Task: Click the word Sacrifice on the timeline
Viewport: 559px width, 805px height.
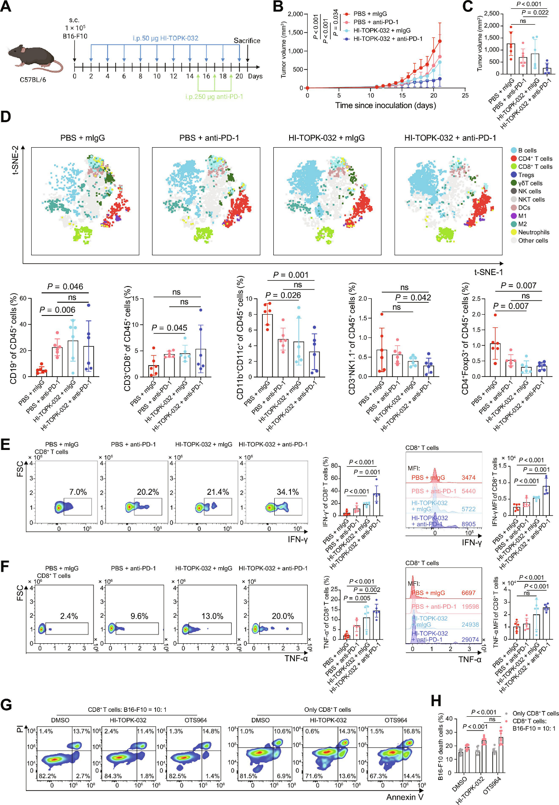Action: click(247, 41)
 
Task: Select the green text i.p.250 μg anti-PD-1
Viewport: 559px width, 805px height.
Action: click(214, 97)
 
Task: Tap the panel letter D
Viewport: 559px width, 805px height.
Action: click(6, 116)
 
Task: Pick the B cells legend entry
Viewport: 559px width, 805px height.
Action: click(527, 150)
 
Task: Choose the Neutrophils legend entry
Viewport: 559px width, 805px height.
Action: click(533, 232)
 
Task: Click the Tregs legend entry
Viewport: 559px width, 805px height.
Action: click(526, 175)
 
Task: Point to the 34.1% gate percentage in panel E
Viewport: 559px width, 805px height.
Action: click(287, 492)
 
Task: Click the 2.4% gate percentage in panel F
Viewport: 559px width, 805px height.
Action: click(69, 616)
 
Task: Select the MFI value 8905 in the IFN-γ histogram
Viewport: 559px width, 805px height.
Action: click(468, 524)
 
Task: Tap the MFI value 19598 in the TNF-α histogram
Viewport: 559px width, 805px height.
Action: click(470, 606)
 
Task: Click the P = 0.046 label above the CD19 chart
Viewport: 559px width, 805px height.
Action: click(65, 286)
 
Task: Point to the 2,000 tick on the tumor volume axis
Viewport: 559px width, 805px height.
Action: click(295, 14)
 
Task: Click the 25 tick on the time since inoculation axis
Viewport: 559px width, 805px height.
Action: click(465, 95)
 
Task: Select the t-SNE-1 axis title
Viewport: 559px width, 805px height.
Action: click(488, 272)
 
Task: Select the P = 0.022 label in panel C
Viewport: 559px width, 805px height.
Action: click(535, 12)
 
